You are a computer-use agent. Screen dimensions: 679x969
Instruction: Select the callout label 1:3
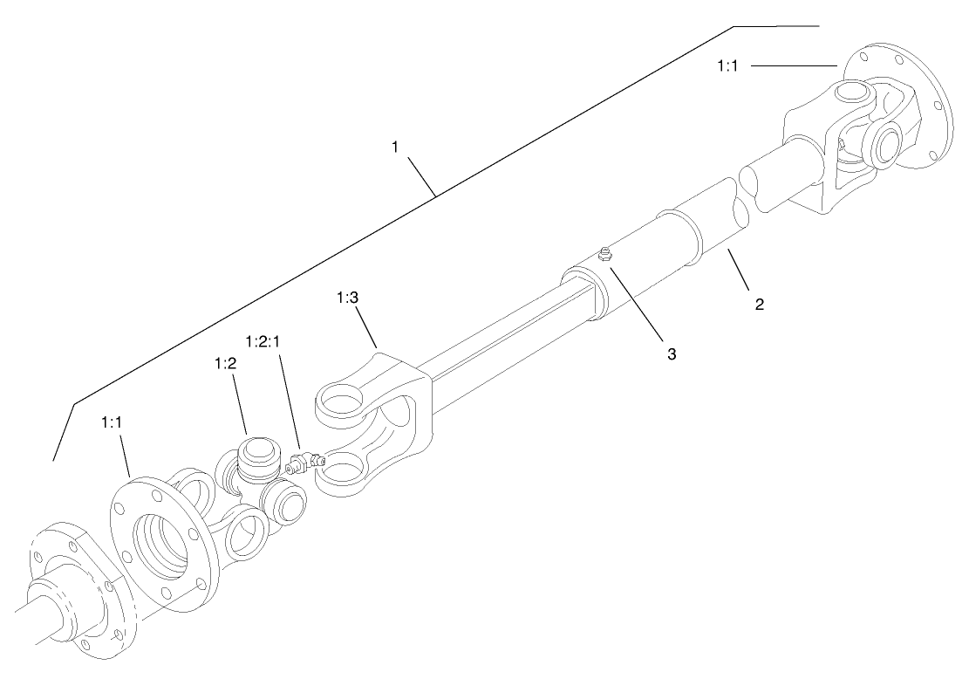point(347,298)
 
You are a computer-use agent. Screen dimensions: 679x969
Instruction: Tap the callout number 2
point(759,305)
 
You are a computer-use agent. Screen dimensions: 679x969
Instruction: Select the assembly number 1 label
point(395,147)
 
